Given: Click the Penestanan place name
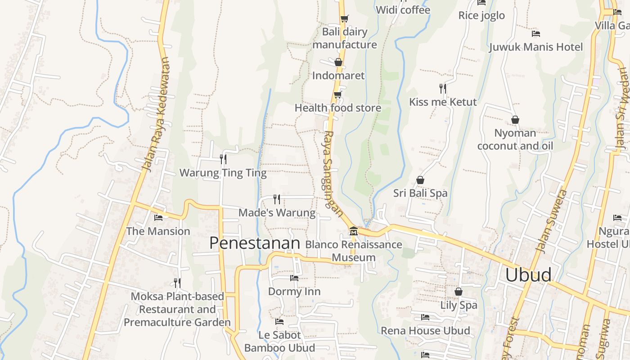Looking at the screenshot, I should (x=254, y=243).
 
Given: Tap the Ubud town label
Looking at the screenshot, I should (x=528, y=274).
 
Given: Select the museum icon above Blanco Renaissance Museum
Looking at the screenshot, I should (x=353, y=231).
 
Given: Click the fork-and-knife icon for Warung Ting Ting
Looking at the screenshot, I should (x=223, y=159).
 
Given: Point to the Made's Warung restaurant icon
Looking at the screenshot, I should (x=277, y=199).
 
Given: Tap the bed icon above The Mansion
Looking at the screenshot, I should (x=158, y=218).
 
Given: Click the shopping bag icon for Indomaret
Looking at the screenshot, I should (x=338, y=62).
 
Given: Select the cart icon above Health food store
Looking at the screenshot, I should (x=338, y=94).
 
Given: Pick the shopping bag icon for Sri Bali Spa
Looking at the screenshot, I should (x=420, y=180).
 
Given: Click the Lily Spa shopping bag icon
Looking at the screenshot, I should (x=458, y=292).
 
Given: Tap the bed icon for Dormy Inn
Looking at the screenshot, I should (x=294, y=278).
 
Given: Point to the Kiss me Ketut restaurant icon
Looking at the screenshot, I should (x=443, y=88).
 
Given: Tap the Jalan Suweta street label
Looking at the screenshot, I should (x=552, y=220).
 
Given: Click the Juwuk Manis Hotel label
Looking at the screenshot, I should (x=535, y=47).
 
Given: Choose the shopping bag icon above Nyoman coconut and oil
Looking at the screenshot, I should (x=515, y=120).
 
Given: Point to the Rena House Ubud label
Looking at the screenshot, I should (x=425, y=331).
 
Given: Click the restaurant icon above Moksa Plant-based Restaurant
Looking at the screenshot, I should (x=177, y=283).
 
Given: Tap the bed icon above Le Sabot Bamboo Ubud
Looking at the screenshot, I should (x=279, y=322).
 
